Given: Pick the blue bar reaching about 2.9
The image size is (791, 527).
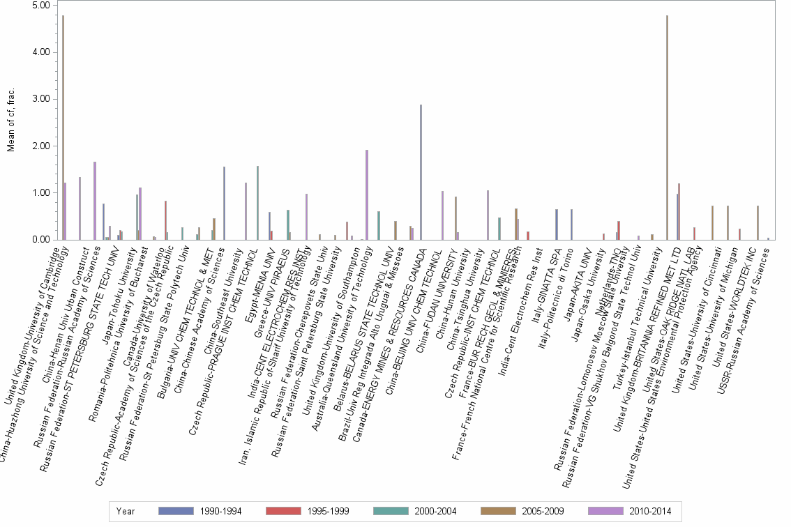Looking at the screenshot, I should tap(421, 172).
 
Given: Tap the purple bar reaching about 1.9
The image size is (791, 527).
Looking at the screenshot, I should tap(367, 194).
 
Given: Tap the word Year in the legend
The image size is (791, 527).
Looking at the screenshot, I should tap(126, 511).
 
